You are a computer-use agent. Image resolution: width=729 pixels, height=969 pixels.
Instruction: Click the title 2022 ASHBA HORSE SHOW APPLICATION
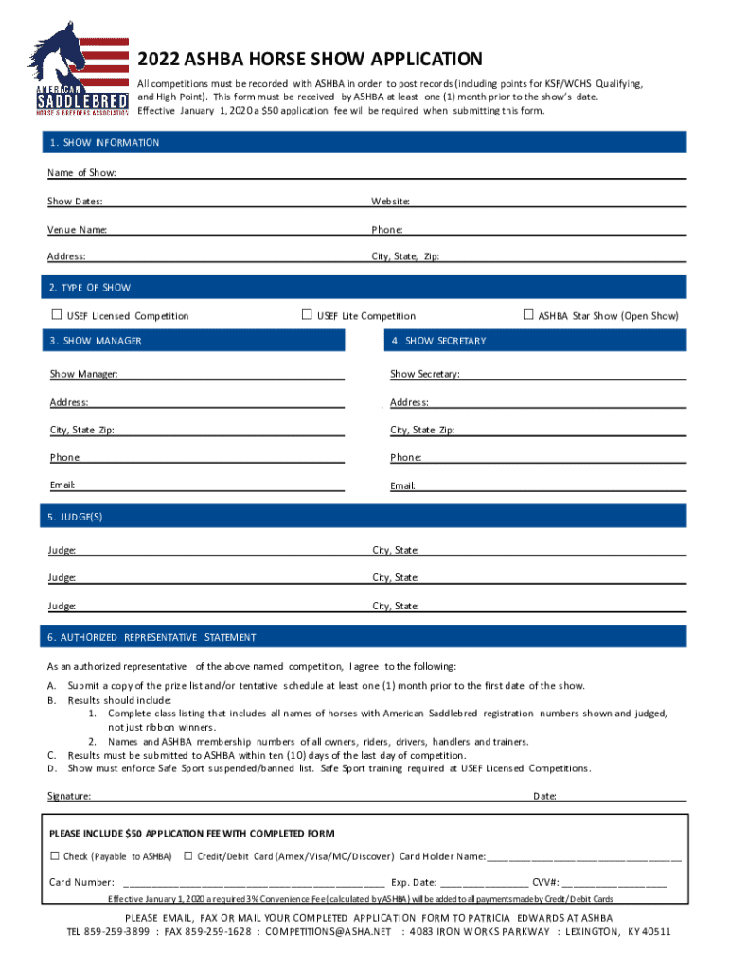click(310, 59)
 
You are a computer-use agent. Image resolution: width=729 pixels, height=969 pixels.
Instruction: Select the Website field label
click(390, 202)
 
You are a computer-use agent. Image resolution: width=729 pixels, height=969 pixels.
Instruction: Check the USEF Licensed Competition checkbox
click(56, 315)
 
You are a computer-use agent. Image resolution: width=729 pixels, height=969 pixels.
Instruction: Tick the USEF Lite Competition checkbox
click(307, 315)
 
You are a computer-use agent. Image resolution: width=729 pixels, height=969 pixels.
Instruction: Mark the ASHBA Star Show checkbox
click(528, 315)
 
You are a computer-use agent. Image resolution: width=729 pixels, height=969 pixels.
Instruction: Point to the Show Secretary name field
click(572, 374)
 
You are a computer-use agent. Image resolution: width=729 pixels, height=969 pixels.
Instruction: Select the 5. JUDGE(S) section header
click(75, 517)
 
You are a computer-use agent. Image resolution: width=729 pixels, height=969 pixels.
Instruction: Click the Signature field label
click(69, 797)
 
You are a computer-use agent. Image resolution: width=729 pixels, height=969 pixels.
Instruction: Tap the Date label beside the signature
click(544, 797)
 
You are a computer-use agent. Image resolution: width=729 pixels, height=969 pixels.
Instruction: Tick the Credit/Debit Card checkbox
click(188, 856)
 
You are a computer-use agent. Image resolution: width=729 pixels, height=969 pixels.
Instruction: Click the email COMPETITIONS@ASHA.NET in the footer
click(328, 932)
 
